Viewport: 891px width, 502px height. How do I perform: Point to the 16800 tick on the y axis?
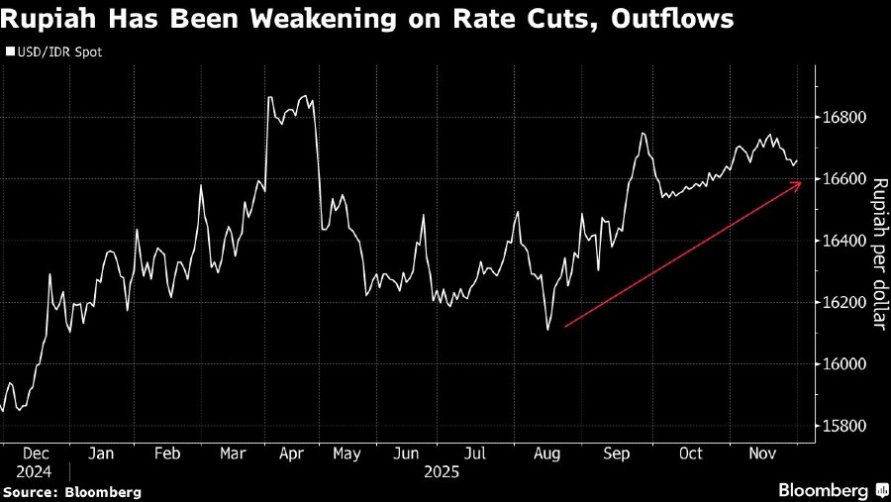coord(845,118)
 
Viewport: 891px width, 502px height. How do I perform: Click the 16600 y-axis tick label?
coord(845,179)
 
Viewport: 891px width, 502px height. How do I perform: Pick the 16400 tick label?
coord(845,242)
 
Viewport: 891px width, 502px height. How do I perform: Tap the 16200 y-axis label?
coord(845,303)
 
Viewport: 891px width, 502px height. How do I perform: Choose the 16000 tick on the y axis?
coord(845,364)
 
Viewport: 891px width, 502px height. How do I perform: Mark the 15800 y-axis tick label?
coord(845,427)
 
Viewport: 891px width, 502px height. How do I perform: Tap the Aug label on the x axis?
coord(547,453)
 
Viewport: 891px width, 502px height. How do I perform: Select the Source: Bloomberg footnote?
coord(71,491)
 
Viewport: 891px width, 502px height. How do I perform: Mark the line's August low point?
coord(547,330)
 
